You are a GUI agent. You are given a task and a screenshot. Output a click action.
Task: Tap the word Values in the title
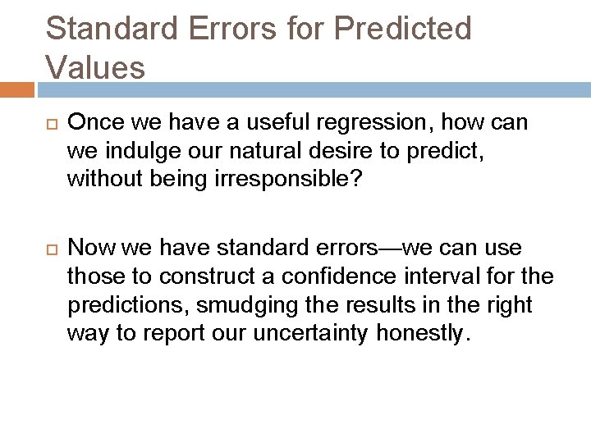coord(95,66)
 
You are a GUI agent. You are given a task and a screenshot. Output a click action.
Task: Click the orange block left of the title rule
coord(16,89)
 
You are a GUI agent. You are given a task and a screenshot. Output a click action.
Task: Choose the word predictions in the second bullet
coord(121,305)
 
